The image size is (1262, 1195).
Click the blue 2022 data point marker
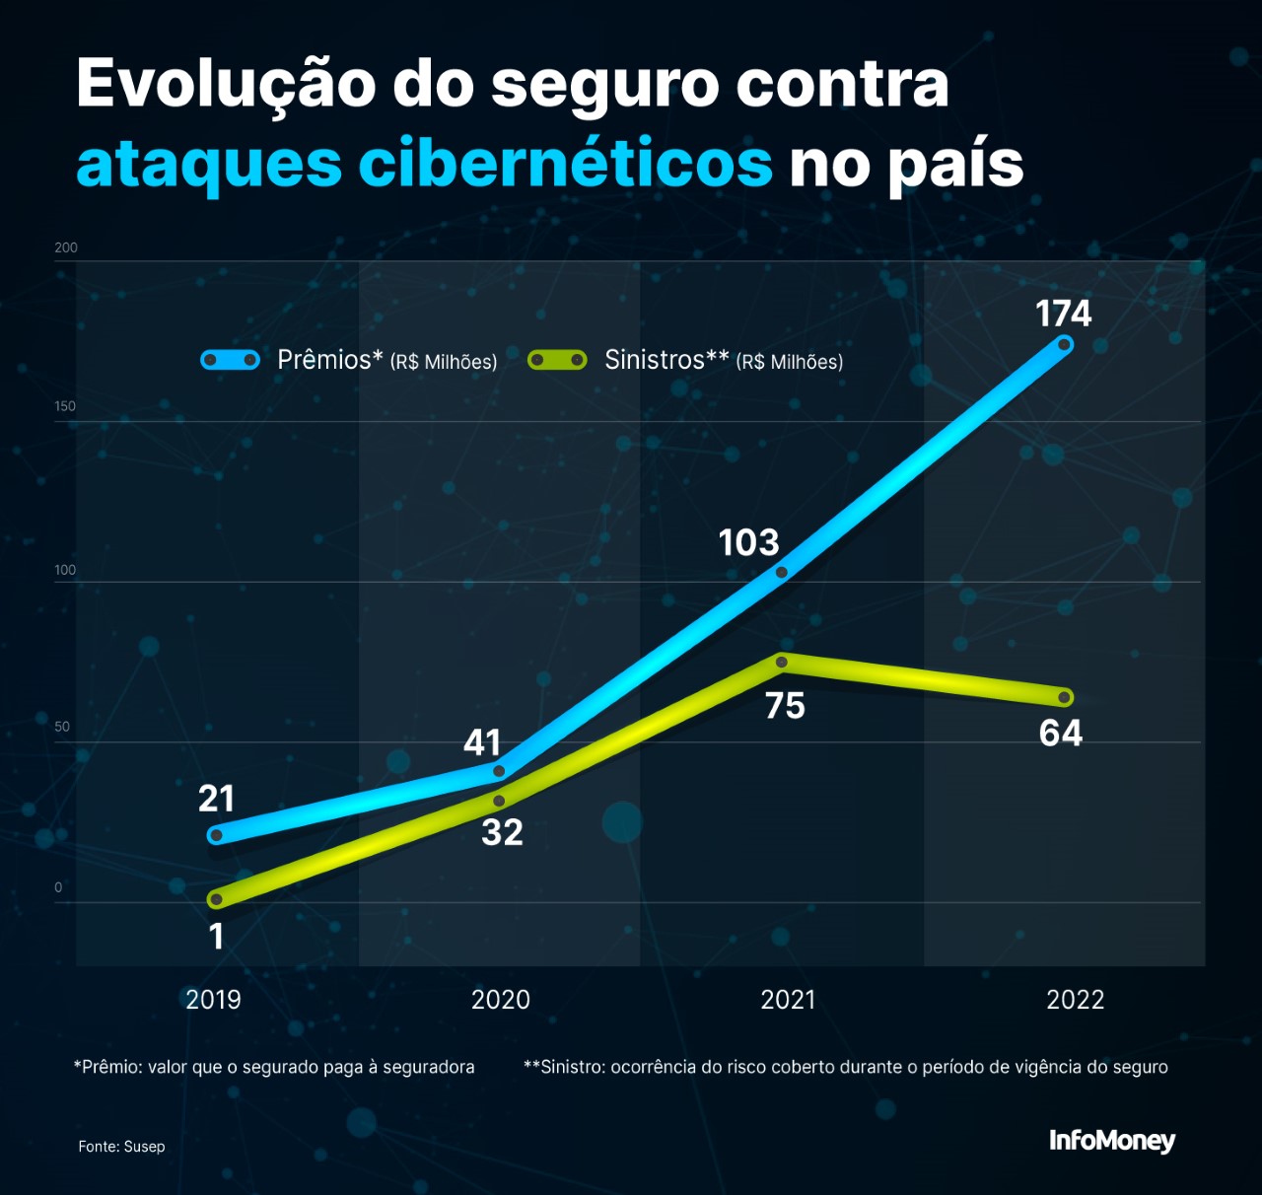1064,344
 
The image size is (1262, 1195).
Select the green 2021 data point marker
782,662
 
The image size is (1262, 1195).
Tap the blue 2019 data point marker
217,835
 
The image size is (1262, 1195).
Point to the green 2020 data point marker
499,801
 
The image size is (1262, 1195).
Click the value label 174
1063,314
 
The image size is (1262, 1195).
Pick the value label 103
748,542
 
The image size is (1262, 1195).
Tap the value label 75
785,706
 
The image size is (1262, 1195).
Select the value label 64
1061,734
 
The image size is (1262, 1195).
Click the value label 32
502,832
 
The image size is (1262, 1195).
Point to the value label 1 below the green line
217,936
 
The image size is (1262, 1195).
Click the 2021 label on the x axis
788,1000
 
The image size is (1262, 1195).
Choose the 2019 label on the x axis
213,1000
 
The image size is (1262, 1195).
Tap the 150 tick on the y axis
65,406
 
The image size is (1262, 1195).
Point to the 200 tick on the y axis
66,247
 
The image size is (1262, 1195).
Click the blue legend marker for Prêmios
231,360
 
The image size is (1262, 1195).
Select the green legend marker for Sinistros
557,360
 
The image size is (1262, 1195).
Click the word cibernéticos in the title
565,164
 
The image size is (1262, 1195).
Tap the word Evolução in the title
226,85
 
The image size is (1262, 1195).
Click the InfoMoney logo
1112,1141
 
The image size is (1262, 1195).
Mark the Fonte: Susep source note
122,1146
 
